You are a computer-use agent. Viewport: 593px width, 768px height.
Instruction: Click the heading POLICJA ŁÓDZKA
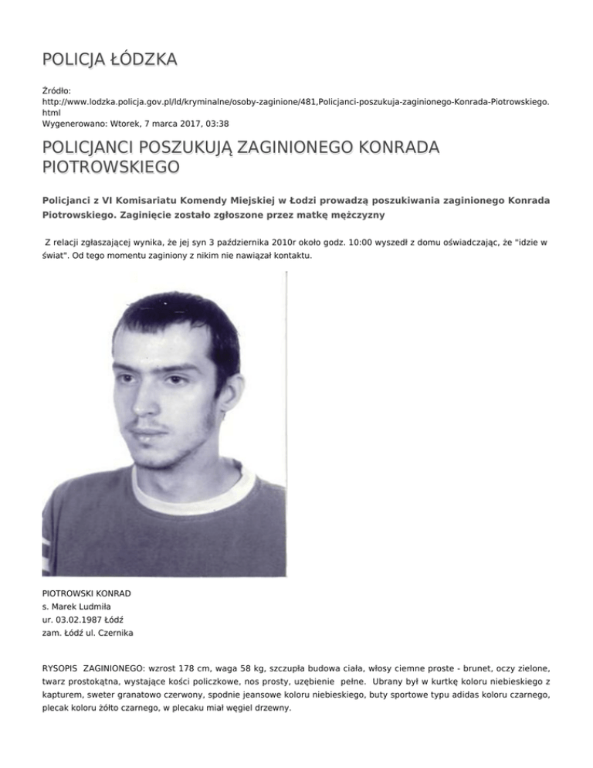[x=109, y=59]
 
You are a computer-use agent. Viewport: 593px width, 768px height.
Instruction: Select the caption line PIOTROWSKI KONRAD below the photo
[x=86, y=593]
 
